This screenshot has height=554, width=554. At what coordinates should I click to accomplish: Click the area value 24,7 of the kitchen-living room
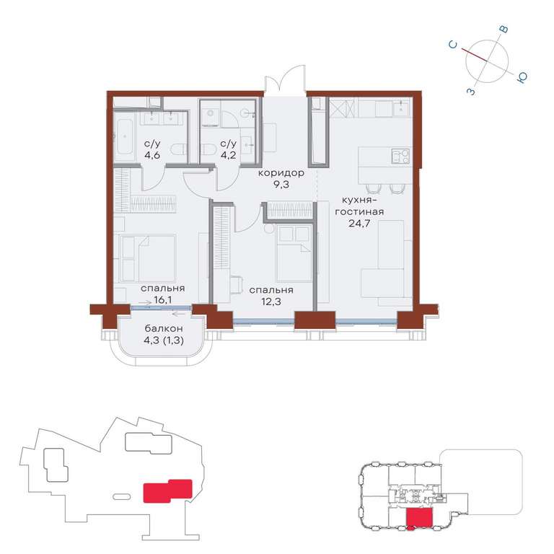click(359, 224)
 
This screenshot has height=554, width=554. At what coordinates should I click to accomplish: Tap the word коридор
click(281, 173)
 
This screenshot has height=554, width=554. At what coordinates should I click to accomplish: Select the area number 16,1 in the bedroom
click(163, 300)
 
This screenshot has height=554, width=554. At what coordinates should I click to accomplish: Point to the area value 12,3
click(271, 302)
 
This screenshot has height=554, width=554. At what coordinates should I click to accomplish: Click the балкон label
click(164, 329)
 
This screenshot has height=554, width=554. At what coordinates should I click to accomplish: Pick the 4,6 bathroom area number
click(152, 155)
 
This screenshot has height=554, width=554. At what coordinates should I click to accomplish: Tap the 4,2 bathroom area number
click(228, 155)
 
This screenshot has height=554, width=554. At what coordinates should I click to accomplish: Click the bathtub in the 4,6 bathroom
click(124, 141)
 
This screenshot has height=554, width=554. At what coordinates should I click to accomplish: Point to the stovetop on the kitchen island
click(401, 156)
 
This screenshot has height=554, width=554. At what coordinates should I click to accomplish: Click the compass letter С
click(453, 45)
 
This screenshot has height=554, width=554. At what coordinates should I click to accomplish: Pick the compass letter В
click(504, 29)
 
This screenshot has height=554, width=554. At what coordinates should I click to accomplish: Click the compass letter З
click(471, 92)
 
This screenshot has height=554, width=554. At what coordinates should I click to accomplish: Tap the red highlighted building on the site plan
click(167, 491)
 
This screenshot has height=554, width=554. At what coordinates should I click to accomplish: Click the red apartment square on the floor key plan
click(419, 519)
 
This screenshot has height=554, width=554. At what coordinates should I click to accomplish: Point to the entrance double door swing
click(286, 80)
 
